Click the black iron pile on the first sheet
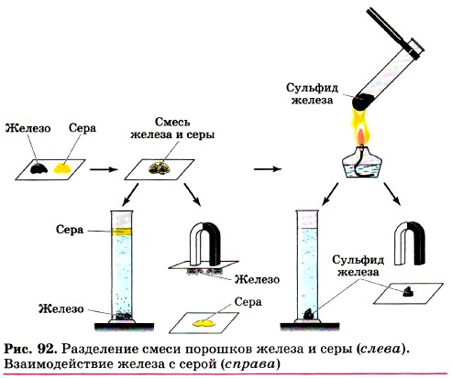tap(39, 168)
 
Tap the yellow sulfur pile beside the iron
tap(63, 168)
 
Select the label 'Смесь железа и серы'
tap(172, 128)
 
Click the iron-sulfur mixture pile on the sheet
tap(160, 167)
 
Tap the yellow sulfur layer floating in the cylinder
tap(122, 232)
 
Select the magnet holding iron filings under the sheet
tap(204, 241)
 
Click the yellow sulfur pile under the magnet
tap(204, 323)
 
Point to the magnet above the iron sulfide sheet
tap(409, 242)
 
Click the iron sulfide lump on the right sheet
tap(408, 292)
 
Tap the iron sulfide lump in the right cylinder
tap(309, 314)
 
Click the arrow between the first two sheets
tap(104, 169)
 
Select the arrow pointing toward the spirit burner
tap(268, 168)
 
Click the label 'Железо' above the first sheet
tap(28, 128)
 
